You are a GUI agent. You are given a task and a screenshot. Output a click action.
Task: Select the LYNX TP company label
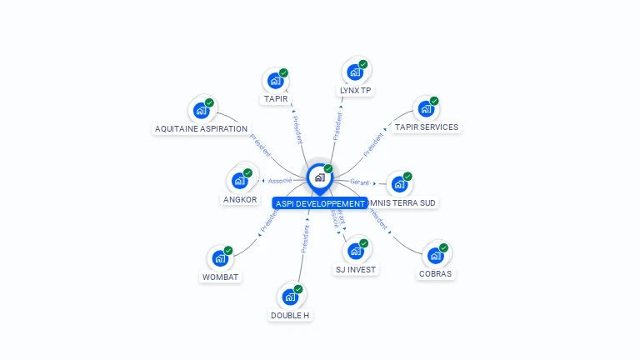tap(355, 90)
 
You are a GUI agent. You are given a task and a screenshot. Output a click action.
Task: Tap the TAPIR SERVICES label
tap(426, 127)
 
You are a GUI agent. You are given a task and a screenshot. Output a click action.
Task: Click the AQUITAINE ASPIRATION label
tap(202, 129)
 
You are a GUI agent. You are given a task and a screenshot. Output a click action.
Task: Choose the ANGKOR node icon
tap(239, 180)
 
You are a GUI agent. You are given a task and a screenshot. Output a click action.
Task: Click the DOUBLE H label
tap(290, 316)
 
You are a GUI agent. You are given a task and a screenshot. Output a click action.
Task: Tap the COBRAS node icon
tap(435, 255)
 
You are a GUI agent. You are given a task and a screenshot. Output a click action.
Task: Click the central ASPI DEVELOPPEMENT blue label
tap(319, 203)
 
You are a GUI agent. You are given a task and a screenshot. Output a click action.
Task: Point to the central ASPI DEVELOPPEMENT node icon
tap(319, 177)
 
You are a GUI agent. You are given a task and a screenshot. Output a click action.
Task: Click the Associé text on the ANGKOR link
tap(280, 181)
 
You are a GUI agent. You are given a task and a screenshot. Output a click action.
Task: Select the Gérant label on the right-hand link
tap(359, 182)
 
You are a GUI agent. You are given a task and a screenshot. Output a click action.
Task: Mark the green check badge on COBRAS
tap(444, 247)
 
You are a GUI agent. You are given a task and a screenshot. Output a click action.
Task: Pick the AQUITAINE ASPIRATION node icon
tap(201, 110)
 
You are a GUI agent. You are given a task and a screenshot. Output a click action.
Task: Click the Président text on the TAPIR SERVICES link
tap(374, 144)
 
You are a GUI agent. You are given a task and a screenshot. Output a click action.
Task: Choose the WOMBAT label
tap(221, 277)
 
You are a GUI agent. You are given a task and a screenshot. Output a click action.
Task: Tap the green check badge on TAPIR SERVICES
tap(434, 101)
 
